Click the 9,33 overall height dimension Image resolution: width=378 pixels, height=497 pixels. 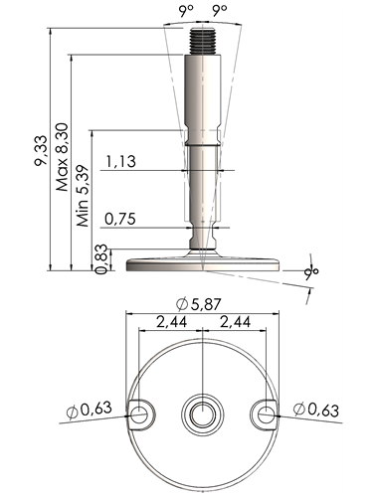point(41,150)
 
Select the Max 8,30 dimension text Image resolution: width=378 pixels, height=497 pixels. point(62,157)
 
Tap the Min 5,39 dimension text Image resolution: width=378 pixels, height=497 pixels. point(83,196)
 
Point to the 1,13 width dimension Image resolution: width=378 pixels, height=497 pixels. point(121,161)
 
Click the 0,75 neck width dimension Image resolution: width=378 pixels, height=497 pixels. point(120,219)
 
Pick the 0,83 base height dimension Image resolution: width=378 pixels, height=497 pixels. point(101,258)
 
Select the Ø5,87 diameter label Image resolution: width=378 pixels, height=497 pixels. point(198,304)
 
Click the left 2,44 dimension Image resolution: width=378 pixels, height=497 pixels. point(171,322)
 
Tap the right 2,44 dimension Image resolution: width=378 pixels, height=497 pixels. point(235,322)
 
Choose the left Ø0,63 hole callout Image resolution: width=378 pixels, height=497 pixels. point(89,410)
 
